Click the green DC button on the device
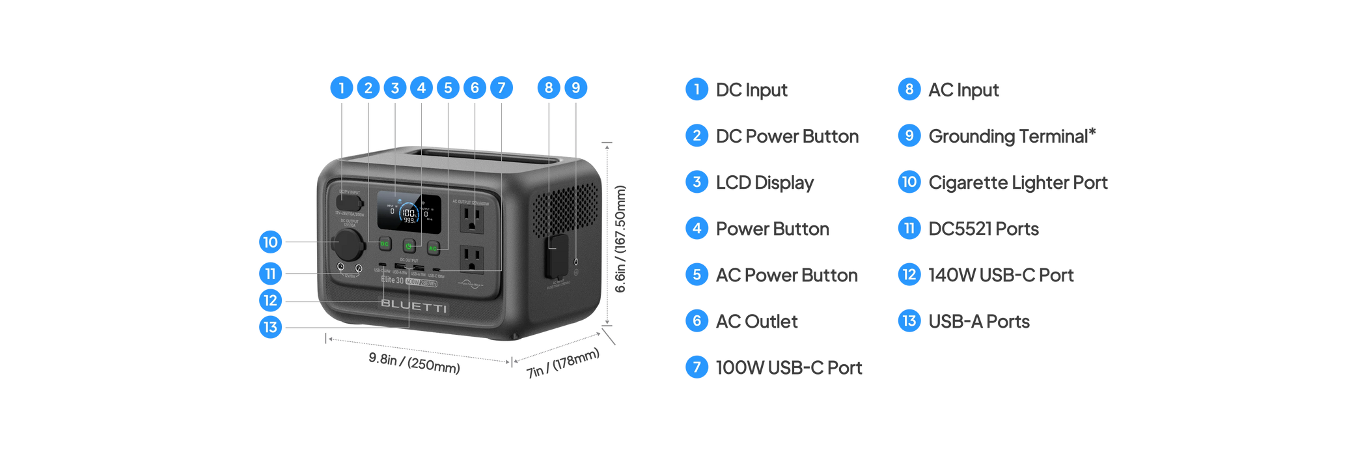pos(385,244)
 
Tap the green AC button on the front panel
pos(434,248)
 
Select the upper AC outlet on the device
pos(472,219)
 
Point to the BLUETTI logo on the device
pos(413,306)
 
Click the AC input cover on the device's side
pos(557,255)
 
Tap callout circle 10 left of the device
pos(270,242)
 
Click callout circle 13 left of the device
pos(270,326)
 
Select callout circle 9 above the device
pos(575,87)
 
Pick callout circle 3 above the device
pos(394,87)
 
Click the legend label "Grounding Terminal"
pos(1012,136)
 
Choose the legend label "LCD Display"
pos(765,182)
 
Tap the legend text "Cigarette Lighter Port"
pos(1018,182)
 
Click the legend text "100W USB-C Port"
pos(789,367)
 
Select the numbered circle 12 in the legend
pos(909,275)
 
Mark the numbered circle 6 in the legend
pos(697,321)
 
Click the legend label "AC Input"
pos(963,90)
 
